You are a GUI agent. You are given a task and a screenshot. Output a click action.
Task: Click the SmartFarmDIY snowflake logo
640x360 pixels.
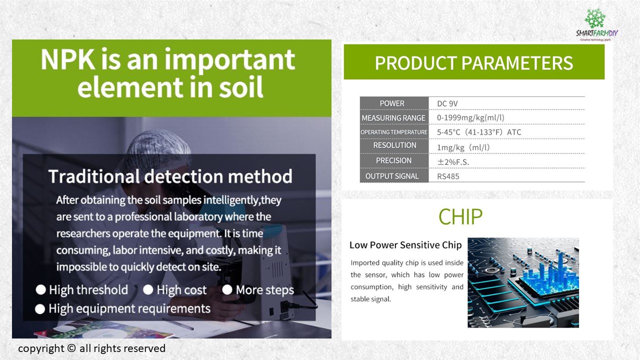pos(595,18)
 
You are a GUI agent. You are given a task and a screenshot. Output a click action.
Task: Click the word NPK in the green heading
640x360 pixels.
pos(68,59)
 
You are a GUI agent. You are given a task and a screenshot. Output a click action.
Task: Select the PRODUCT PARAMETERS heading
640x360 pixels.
pos(473,63)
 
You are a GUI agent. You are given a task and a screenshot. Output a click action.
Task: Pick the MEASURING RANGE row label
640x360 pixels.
pos(393,117)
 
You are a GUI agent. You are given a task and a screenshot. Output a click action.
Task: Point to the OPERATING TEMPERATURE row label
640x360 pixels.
pos(394,132)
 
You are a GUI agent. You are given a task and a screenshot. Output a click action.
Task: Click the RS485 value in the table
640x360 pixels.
pos(448,176)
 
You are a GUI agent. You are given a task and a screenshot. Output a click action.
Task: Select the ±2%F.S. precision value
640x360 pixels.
pos(453,162)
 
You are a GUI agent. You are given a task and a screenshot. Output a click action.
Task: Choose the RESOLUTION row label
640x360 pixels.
pos(394,145)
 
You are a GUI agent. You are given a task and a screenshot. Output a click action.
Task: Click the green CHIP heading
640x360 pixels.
pos(460,217)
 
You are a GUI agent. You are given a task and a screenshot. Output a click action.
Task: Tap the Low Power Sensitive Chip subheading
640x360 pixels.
pos(405,245)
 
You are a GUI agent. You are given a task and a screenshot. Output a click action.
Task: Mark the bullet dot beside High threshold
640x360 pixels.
pos(41,289)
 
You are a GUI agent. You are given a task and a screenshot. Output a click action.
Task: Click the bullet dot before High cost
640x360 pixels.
pos(148,289)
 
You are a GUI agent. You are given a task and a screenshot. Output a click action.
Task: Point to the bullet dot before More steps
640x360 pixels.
pos(227,289)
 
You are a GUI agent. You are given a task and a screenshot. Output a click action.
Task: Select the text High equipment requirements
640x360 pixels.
pos(129,309)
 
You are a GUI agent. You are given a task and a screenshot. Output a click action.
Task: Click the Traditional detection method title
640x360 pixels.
pos(170,176)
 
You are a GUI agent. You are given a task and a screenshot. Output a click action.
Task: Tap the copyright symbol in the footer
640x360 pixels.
pos(71,348)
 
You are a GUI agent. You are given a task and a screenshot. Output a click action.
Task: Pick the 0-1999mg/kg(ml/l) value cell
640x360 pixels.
pos(470,117)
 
